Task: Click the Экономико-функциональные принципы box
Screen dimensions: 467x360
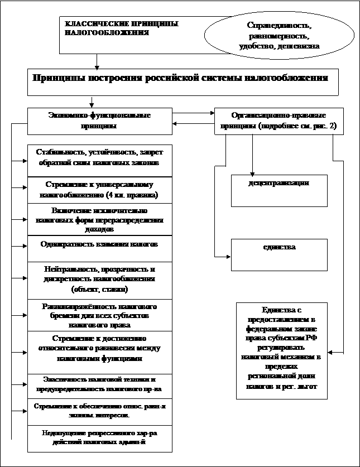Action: [100, 121]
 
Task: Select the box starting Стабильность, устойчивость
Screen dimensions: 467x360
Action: [99, 158]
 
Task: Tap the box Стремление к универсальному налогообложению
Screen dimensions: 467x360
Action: [99, 190]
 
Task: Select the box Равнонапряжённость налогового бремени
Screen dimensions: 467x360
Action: [99, 315]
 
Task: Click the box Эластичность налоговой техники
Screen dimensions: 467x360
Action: [99, 382]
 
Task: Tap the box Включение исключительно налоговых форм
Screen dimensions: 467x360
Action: [99, 220]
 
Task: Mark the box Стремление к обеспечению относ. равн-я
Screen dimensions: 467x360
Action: [99, 412]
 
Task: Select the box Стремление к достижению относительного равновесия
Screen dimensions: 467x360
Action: [99, 349]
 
